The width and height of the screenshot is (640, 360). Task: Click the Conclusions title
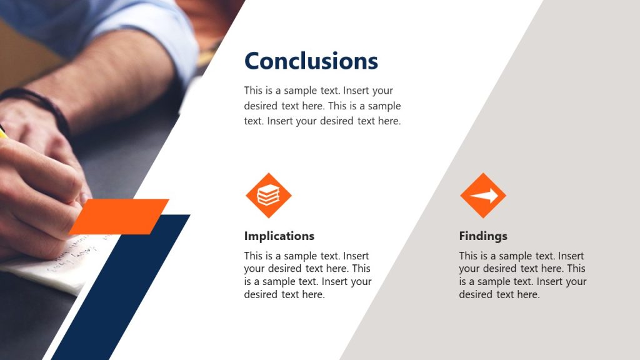pyautogui.click(x=311, y=61)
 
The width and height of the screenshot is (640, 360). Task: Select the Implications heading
pyautogui.click(x=279, y=236)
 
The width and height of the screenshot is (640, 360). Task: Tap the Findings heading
pyautogui.click(x=482, y=236)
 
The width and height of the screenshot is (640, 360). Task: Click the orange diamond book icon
pyautogui.click(x=268, y=196)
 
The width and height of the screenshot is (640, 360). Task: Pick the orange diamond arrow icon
pyautogui.click(x=482, y=196)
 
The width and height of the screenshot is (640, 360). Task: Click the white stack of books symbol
pyautogui.click(x=268, y=196)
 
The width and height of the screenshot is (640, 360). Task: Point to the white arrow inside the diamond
pyautogui.click(x=484, y=196)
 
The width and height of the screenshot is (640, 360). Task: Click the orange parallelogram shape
pyautogui.click(x=119, y=216)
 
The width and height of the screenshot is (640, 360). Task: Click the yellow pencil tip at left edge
pyautogui.click(x=2, y=132)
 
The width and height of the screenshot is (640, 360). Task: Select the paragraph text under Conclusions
pyautogui.click(x=322, y=106)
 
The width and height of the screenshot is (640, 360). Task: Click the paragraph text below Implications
pyautogui.click(x=307, y=275)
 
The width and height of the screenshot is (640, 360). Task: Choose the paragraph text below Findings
pyautogui.click(x=522, y=275)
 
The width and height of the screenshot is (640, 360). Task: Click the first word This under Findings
pyautogui.click(x=469, y=256)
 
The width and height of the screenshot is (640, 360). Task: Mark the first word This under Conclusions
pyautogui.click(x=254, y=91)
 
